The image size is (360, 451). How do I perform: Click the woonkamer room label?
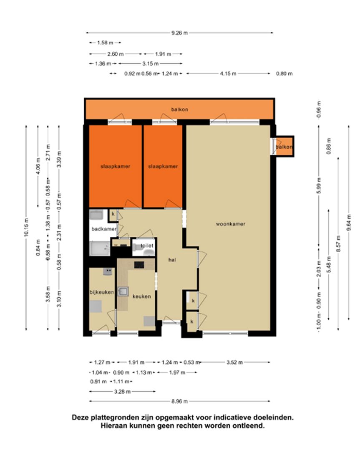click(x=230, y=224)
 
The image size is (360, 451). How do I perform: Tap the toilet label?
click(x=147, y=246)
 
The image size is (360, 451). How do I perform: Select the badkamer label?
click(x=104, y=229)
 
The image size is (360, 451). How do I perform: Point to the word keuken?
click(x=141, y=296)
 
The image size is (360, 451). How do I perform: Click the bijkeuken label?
click(x=102, y=292)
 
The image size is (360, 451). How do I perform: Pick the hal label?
click(x=172, y=260)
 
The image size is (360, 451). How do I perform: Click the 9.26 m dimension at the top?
click(x=179, y=33)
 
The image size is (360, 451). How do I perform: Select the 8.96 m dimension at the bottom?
click(x=179, y=401)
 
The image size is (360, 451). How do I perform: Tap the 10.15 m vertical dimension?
click(x=26, y=228)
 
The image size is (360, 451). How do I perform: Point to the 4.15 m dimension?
click(x=228, y=73)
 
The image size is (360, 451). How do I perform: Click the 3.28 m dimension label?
click(x=122, y=391)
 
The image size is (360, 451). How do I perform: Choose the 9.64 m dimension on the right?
click(x=349, y=223)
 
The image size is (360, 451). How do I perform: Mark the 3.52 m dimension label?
click(x=234, y=362)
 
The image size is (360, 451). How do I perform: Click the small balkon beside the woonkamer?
click(x=284, y=147)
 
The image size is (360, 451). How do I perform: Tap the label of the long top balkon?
click(x=179, y=109)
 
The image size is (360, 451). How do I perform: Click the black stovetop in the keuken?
click(x=139, y=265)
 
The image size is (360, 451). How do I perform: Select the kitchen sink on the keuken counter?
click(x=123, y=291)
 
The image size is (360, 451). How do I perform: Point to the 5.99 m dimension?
click(x=319, y=186)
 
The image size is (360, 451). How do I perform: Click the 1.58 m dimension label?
click(x=105, y=43)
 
